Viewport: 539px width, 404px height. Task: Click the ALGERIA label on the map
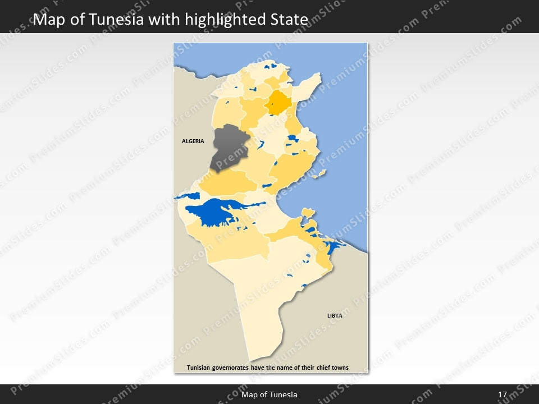[193, 141]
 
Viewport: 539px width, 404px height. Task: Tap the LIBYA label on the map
[335, 316]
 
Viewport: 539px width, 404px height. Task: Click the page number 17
[503, 394]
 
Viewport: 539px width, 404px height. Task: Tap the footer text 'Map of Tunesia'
[269, 394]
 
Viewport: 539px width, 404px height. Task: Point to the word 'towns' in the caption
[339, 368]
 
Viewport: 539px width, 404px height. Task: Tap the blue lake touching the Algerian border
[188, 196]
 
